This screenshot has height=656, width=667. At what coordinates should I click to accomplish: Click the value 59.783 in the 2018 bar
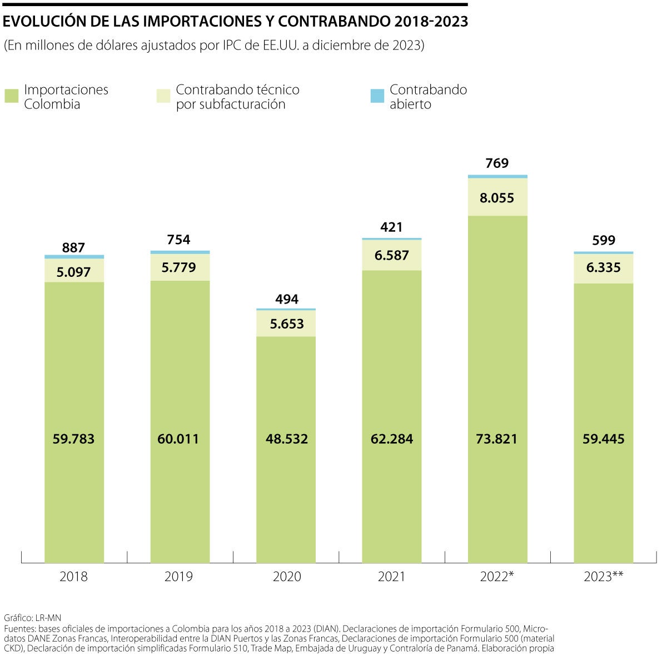[x=74, y=439]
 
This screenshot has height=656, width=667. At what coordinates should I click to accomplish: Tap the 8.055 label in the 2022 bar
[x=497, y=198]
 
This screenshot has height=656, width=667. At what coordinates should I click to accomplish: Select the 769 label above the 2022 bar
[x=497, y=163]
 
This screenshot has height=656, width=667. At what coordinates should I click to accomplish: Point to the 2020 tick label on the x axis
[x=286, y=577]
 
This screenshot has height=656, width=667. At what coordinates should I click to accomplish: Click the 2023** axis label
[x=603, y=577]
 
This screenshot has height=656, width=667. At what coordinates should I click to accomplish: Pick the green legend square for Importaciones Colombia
[x=12, y=96]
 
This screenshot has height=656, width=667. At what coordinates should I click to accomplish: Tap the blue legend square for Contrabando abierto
[x=377, y=96]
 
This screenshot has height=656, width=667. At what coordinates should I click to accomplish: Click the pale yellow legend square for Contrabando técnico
[x=163, y=96]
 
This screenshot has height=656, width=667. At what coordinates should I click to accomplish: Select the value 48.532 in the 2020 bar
[x=286, y=439]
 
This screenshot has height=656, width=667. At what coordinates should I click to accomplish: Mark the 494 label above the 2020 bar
[x=286, y=299]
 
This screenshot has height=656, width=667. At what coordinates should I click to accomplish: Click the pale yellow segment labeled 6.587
[x=392, y=256]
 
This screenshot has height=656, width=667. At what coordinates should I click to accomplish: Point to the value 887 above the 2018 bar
[x=74, y=247]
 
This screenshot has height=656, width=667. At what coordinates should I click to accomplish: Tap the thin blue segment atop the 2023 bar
[x=604, y=253]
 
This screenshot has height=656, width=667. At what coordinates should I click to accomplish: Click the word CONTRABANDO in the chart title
[x=334, y=21]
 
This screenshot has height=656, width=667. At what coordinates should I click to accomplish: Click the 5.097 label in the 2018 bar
[x=74, y=272]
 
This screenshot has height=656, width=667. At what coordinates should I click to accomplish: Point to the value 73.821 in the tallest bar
[x=497, y=439]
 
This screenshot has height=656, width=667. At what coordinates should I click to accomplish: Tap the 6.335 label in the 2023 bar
[x=604, y=268]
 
